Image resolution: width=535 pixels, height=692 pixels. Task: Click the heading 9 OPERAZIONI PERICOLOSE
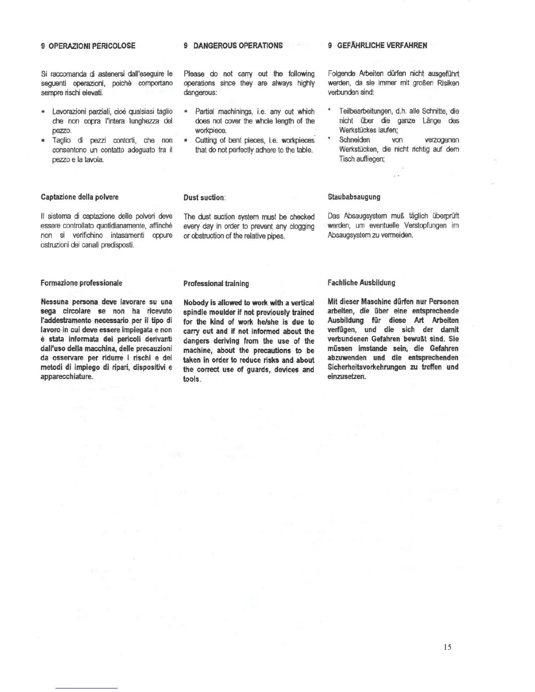coord(88,45)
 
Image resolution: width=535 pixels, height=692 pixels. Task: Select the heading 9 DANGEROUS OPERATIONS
coord(233,45)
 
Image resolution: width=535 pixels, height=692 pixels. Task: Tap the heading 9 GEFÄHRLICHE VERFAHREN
coord(378,45)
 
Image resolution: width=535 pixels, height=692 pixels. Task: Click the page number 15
coord(447,647)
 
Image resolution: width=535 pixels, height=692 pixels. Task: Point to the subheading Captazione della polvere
coord(80,197)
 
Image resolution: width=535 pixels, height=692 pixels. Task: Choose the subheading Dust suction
coord(204,197)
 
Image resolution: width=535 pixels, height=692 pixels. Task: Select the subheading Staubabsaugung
coord(354,197)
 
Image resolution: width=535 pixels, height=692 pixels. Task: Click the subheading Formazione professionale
coord(81,283)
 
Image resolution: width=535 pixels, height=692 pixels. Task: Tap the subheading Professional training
coord(216,284)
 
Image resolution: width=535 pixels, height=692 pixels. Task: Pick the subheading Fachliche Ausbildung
coord(361,283)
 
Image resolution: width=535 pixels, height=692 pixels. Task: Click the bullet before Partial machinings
coord(186,112)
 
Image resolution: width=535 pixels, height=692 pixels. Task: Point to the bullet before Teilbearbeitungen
coord(330,111)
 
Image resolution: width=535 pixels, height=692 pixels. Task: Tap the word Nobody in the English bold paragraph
coord(197,303)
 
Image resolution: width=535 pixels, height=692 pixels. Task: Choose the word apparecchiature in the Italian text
coord(66,377)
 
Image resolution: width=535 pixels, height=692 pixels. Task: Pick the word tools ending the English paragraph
coord(192,379)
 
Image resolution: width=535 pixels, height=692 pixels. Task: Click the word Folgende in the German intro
coord(342,74)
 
